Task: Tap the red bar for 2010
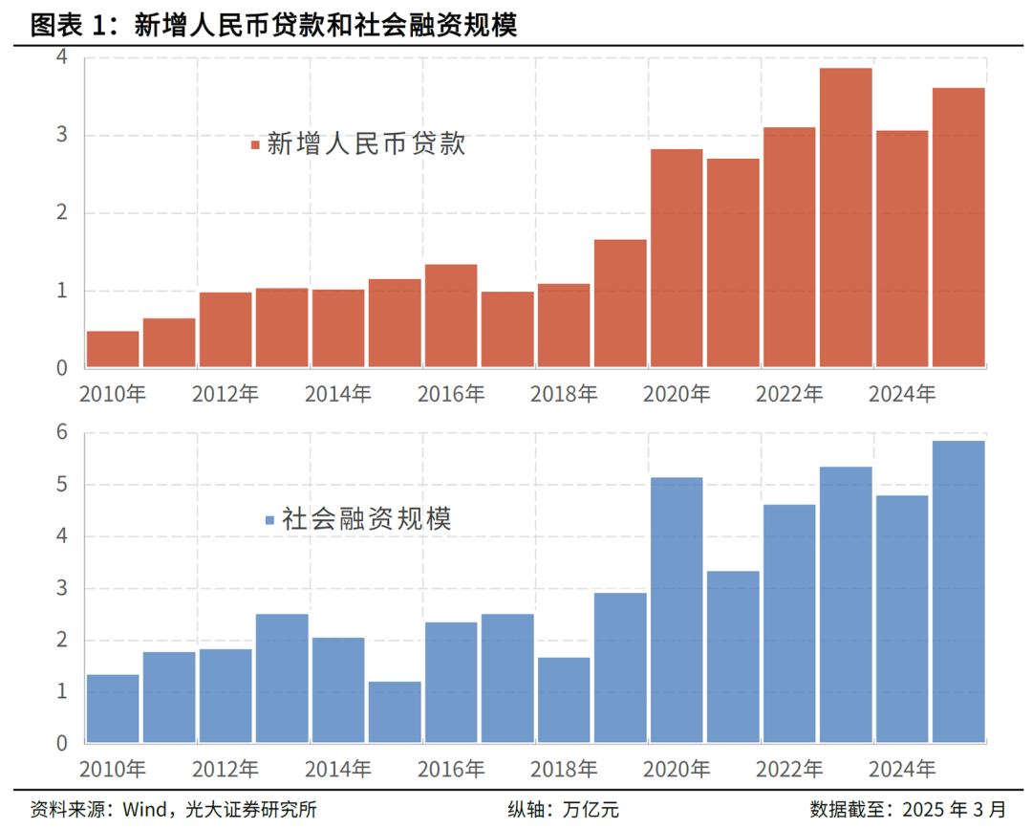(x=113, y=350)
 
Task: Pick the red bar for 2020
(x=677, y=258)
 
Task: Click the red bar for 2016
(x=451, y=316)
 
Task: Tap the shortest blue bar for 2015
(x=395, y=712)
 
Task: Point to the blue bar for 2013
(x=282, y=679)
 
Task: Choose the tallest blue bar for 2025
(x=958, y=592)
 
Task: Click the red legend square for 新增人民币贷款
(x=255, y=145)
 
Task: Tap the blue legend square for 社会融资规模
(x=269, y=520)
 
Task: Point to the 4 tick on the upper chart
(x=62, y=56)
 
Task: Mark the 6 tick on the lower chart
(x=62, y=433)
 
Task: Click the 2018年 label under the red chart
(x=564, y=393)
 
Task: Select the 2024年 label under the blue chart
(x=902, y=768)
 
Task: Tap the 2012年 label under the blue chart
(x=226, y=768)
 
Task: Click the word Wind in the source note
(x=140, y=809)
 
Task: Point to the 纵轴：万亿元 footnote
(x=563, y=809)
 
